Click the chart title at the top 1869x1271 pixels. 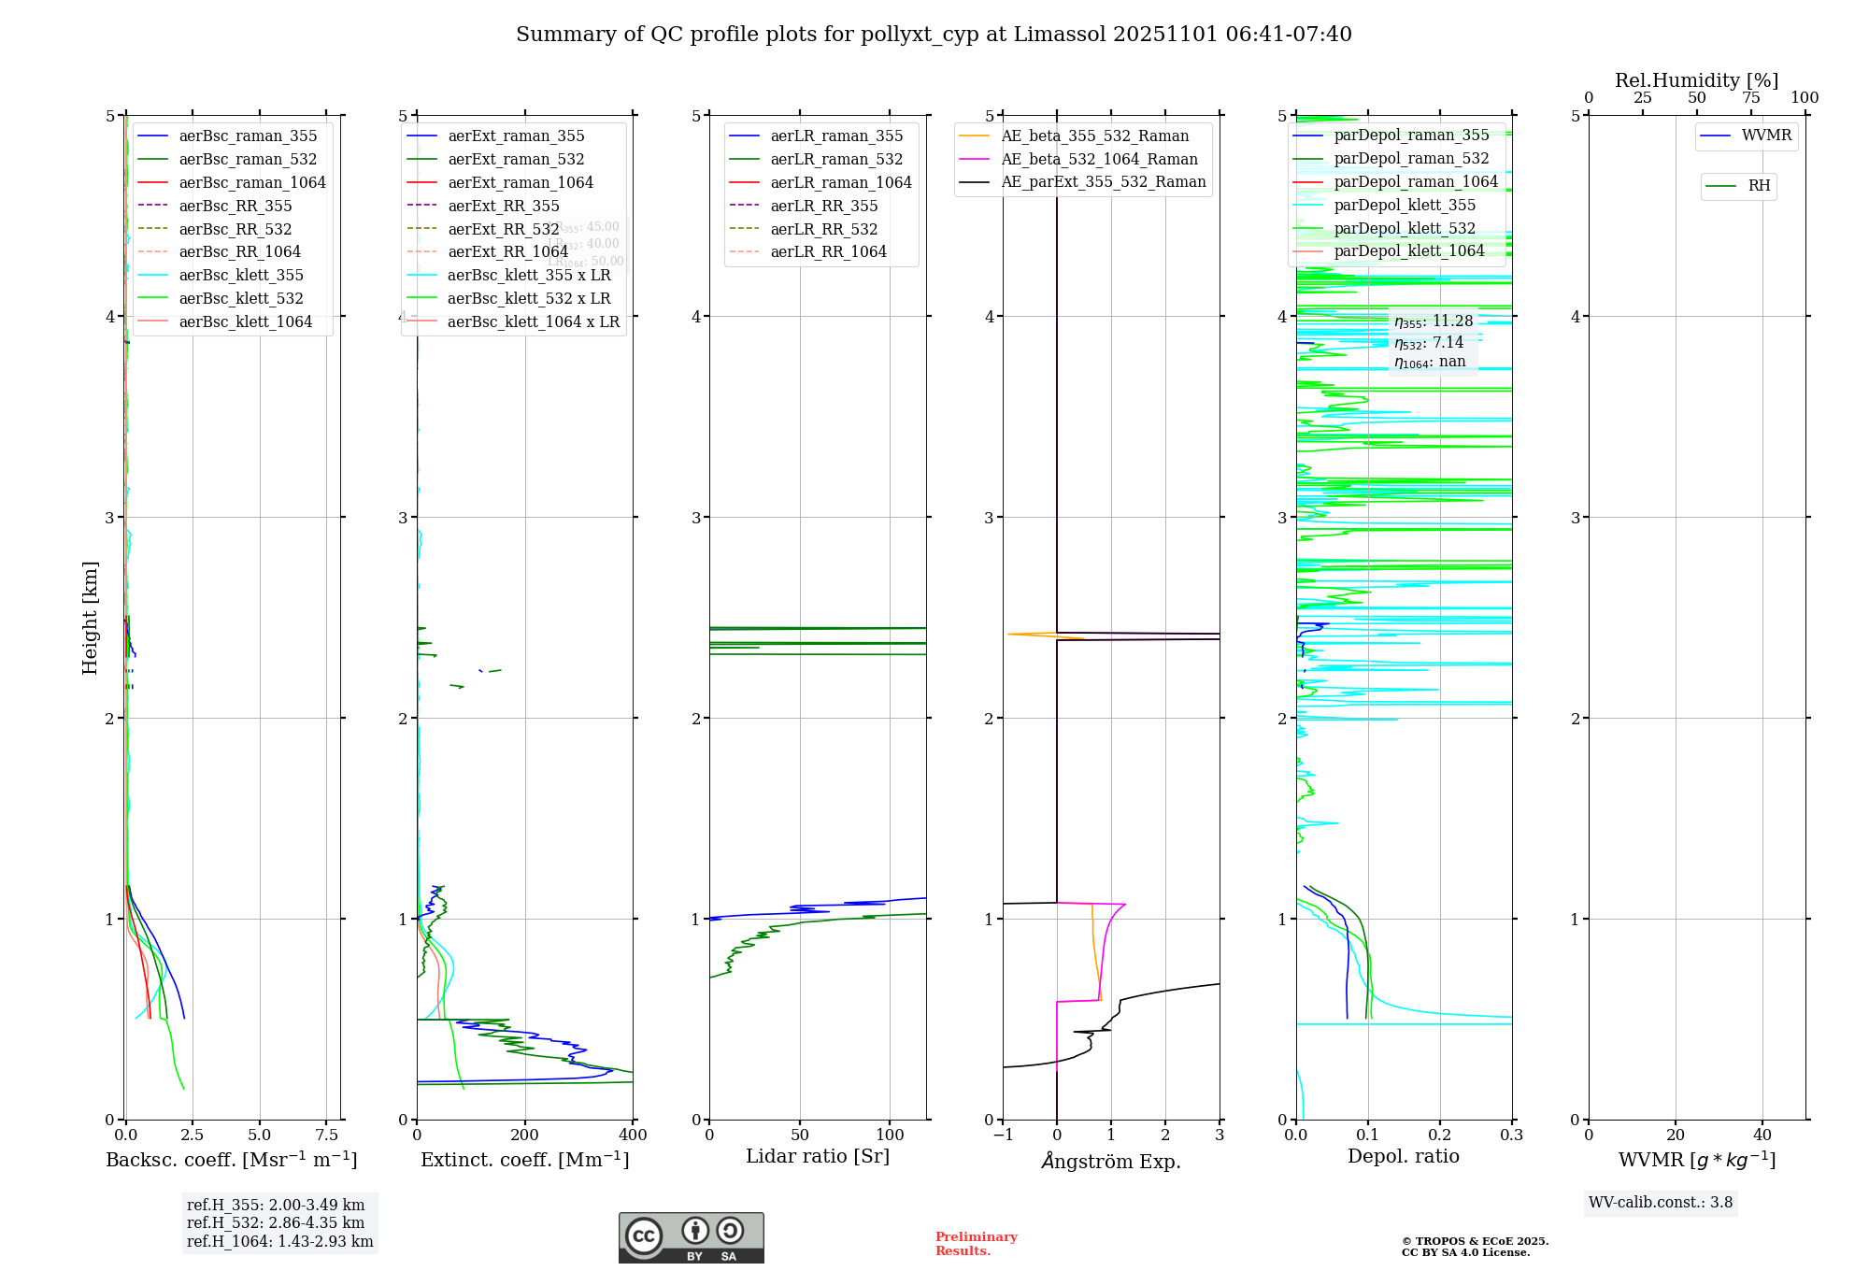pos(934,35)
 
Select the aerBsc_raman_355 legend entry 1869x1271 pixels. pos(248,136)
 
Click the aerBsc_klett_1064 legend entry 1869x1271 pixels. pos(245,322)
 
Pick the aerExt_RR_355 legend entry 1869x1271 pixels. pos(503,207)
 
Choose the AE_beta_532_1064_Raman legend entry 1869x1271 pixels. pos(1099,160)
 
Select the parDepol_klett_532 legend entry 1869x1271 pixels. pos(1404,229)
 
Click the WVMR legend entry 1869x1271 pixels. pos(1765,136)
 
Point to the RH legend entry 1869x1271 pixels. pos(1758,187)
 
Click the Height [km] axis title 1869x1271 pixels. pos(90,618)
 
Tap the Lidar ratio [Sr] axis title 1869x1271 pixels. pos(818,1157)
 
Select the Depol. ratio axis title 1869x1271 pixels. pos(1403,1157)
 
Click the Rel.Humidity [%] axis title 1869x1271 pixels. pos(1696,80)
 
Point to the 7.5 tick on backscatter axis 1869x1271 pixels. pos(326,1135)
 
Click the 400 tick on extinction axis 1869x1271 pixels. pos(633,1135)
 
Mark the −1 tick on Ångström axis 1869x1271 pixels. pos(1002,1135)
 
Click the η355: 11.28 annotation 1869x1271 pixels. pos(1434,322)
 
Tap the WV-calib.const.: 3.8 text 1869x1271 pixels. pos(1661,1203)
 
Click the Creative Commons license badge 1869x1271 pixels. pos(691,1238)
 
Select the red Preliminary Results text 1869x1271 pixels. pos(976,1244)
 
